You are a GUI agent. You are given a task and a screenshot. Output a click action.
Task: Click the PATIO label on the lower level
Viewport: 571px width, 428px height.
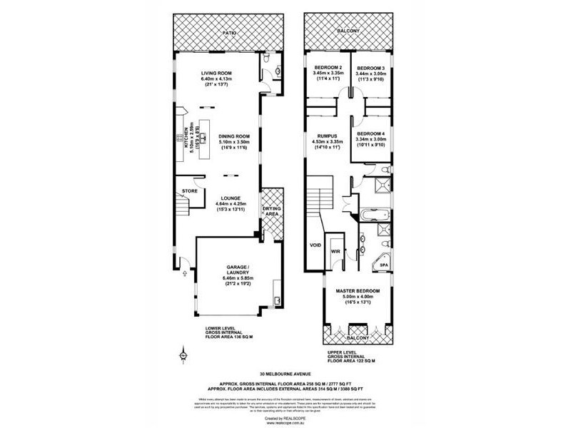pos(229,33)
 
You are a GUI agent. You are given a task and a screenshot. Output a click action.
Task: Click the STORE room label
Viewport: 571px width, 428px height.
pos(189,191)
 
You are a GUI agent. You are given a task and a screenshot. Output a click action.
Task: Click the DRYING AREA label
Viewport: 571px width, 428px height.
pos(271,212)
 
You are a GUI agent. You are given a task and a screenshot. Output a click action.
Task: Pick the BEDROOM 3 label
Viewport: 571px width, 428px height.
pos(372,67)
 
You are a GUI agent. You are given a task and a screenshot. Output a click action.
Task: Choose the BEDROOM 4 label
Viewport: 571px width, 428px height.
pos(371,134)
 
